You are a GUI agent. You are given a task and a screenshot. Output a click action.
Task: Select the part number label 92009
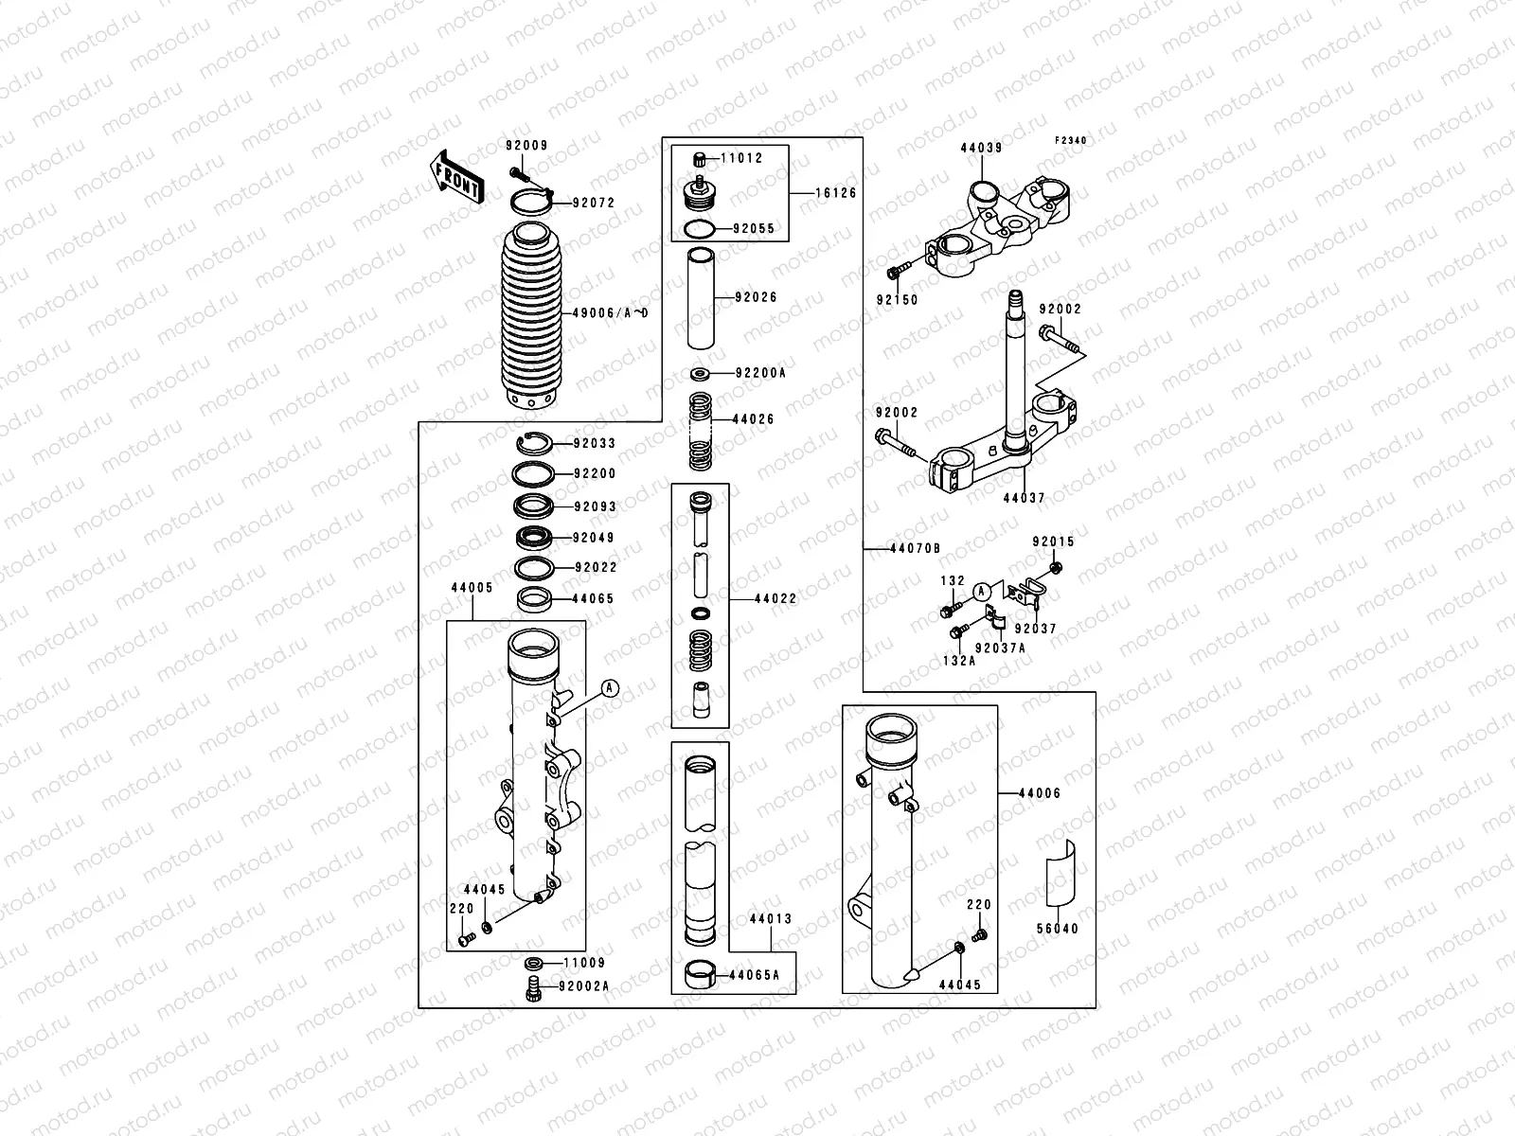pos(526,146)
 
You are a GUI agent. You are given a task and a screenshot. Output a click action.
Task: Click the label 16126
pos(836,193)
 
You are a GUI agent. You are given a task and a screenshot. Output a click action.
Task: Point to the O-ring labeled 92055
pos(701,229)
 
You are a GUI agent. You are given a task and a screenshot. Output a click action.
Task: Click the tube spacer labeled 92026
pos(702,297)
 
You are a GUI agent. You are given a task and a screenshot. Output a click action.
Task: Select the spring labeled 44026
pos(701,431)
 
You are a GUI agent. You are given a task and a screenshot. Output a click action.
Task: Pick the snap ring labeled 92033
pos(535,443)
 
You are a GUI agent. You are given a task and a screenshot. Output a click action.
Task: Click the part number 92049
pos(594,538)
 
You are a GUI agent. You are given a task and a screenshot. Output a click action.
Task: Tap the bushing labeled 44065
pos(536,598)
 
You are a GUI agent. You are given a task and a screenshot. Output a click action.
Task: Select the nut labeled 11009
pos(533,964)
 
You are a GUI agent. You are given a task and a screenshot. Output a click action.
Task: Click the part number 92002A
pos(583,986)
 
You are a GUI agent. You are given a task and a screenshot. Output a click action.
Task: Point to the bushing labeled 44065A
pos(701,975)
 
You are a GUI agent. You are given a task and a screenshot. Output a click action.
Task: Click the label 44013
pos(770,919)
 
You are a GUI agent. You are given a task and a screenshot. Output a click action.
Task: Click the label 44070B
pos(914,548)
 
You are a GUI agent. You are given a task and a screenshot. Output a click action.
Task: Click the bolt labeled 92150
pos(896,274)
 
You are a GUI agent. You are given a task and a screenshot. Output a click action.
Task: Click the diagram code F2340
pos(1072,140)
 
